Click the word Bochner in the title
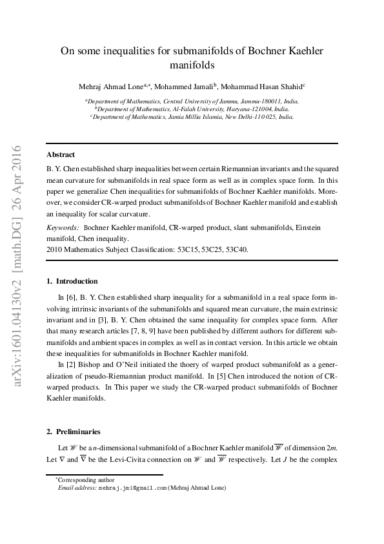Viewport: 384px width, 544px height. [259, 50]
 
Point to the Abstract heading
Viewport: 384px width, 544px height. [61, 154]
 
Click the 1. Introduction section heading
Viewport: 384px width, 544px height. [72, 281]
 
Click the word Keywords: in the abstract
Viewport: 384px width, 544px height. [63, 228]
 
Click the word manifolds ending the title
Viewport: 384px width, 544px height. [192, 65]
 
